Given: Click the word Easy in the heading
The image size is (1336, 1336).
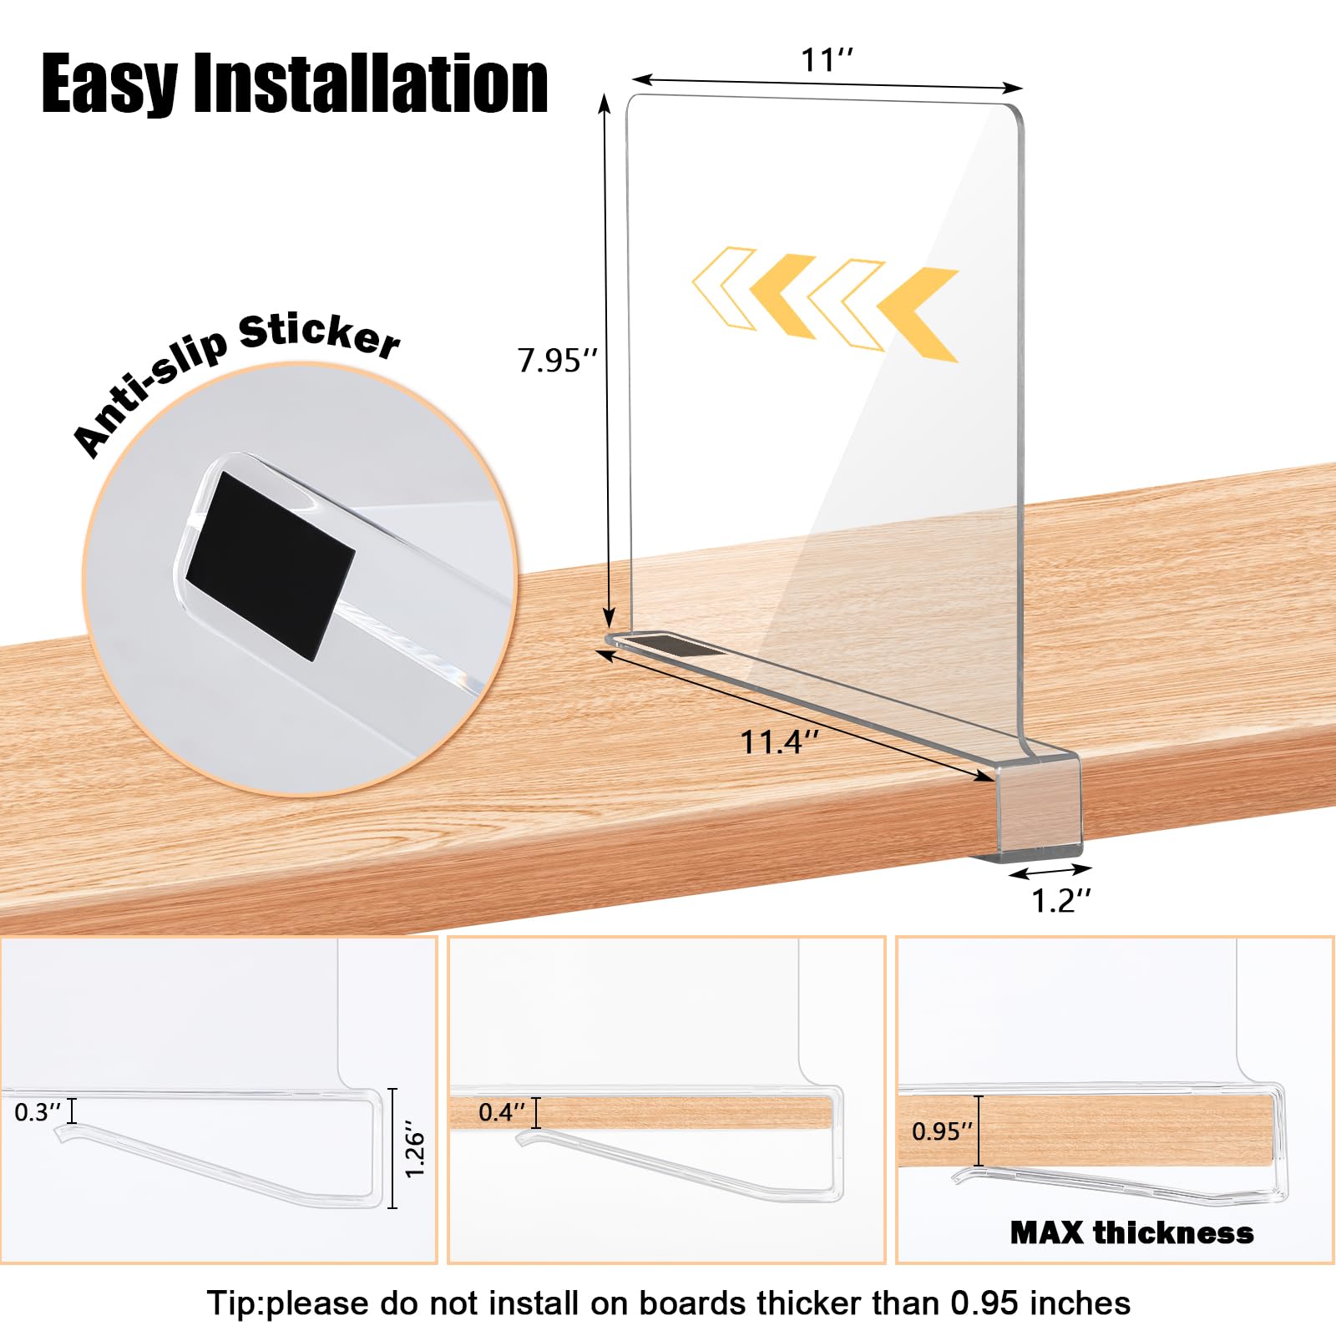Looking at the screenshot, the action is tap(109, 83).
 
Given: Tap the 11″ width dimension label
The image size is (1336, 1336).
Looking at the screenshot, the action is tap(827, 60).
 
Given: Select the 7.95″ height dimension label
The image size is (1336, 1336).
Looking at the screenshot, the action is tap(558, 361).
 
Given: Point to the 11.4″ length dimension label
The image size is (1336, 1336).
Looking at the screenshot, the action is tap(780, 741).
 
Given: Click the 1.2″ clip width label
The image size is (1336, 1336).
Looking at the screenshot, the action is tap(1060, 900).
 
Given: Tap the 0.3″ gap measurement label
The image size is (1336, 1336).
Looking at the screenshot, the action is tap(38, 1112).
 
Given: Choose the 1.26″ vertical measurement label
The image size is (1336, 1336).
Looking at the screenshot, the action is tap(415, 1155).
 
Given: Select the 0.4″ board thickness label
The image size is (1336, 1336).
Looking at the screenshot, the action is tap(502, 1112).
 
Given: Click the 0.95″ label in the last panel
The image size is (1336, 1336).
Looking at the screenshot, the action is tap(942, 1131).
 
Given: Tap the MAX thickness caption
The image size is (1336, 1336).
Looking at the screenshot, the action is tap(1131, 1232).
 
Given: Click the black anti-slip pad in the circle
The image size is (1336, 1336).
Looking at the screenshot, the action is tap(270, 566).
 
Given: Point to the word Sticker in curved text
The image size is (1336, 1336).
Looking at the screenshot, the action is tap(319, 336).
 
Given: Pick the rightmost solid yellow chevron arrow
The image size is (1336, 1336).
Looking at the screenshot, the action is tap(918, 314).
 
